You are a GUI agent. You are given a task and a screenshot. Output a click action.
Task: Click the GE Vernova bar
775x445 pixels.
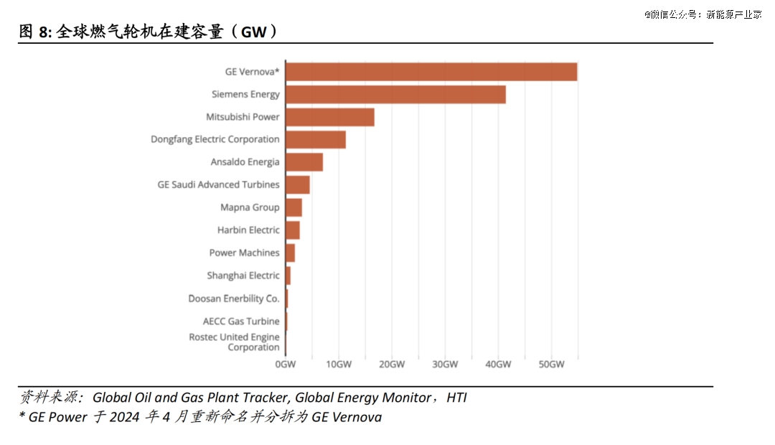click(x=431, y=72)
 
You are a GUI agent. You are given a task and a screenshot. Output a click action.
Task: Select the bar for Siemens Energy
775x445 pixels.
click(x=395, y=95)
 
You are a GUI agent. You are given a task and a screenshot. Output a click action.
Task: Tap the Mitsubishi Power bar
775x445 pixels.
click(x=330, y=117)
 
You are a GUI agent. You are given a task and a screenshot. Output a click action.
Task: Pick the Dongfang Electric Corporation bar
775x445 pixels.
click(x=316, y=140)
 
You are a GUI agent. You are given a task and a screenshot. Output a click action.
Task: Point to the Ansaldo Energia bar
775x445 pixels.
click(x=304, y=162)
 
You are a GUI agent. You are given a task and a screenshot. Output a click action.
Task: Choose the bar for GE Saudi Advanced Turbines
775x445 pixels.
click(x=298, y=185)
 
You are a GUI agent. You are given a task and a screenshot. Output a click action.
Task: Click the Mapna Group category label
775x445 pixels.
click(x=250, y=207)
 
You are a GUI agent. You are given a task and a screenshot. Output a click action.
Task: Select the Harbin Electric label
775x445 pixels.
click(x=248, y=230)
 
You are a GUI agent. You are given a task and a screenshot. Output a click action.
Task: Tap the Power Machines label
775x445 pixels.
click(x=244, y=253)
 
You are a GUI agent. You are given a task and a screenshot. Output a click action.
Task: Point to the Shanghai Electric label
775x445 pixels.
click(x=243, y=276)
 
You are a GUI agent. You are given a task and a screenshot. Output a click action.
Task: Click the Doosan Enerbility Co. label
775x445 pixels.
click(x=234, y=299)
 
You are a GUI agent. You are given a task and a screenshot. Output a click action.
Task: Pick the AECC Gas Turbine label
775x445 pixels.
click(x=241, y=322)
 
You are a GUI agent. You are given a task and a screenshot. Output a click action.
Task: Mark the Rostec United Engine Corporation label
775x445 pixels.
click(x=234, y=342)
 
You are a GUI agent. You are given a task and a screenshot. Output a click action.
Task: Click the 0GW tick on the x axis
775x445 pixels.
click(x=286, y=365)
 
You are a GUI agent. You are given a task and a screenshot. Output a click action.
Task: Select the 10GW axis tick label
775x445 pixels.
click(x=339, y=365)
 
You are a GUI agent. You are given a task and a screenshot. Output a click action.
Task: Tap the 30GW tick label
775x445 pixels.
click(x=445, y=365)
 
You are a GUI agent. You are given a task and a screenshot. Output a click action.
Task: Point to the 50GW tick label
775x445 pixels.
click(x=551, y=365)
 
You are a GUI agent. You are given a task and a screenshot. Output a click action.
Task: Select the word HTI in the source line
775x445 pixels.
click(x=456, y=398)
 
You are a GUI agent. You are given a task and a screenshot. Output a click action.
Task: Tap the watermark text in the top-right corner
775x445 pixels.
click(x=703, y=14)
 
